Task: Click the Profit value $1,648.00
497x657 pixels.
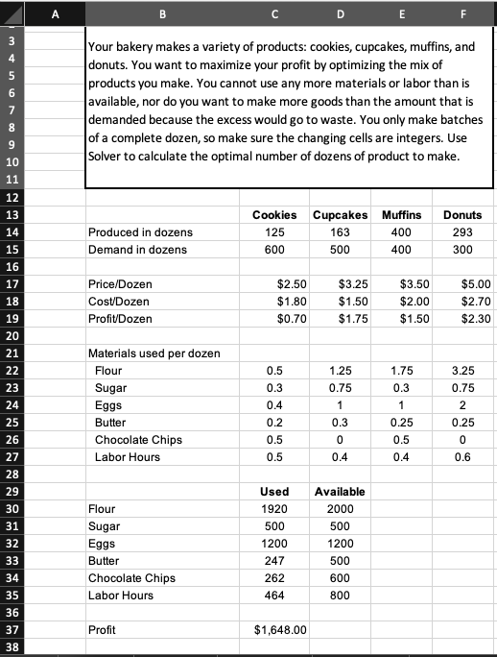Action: click(279, 630)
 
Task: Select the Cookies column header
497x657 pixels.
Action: click(273, 214)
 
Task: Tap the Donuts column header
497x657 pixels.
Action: click(463, 214)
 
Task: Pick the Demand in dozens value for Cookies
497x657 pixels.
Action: click(273, 250)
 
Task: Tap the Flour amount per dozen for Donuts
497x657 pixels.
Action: click(463, 371)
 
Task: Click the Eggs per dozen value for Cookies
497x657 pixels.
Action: click(273, 405)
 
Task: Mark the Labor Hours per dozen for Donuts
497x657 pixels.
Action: click(463, 457)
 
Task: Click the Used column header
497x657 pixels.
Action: click(273, 492)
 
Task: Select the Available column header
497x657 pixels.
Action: click(340, 492)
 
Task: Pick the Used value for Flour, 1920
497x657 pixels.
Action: click(273, 509)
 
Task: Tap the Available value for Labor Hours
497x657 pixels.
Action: click(340, 596)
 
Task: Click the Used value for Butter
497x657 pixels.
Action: click(273, 561)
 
